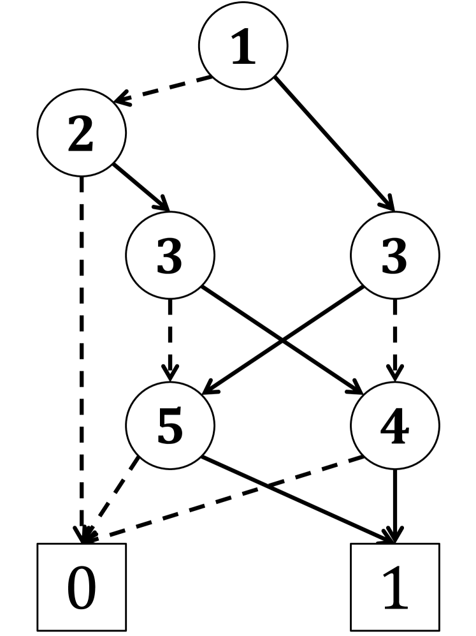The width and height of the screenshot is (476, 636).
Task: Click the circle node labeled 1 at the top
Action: [x=243, y=46]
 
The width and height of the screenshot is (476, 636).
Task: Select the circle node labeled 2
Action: [x=82, y=133]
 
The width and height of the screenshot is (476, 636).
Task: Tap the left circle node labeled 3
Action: [x=170, y=255]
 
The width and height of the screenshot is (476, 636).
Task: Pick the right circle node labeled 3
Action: [x=394, y=255]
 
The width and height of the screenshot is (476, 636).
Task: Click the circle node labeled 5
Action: [x=170, y=425]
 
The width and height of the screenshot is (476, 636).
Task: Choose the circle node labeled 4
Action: [x=394, y=425]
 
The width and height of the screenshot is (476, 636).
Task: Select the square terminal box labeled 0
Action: [x=82, y=587]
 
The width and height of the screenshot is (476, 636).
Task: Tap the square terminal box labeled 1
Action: [x=394, y=587]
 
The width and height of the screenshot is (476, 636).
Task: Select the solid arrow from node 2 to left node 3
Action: [x=141, y=188]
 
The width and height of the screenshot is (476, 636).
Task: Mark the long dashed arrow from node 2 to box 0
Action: [x=82, y=357]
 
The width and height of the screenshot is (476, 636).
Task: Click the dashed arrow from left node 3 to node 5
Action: [x=170, y=338]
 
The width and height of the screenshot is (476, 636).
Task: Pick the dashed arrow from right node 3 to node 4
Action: [x=394, y=338]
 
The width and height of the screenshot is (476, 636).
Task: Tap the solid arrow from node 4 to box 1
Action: [x=394, y=504]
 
